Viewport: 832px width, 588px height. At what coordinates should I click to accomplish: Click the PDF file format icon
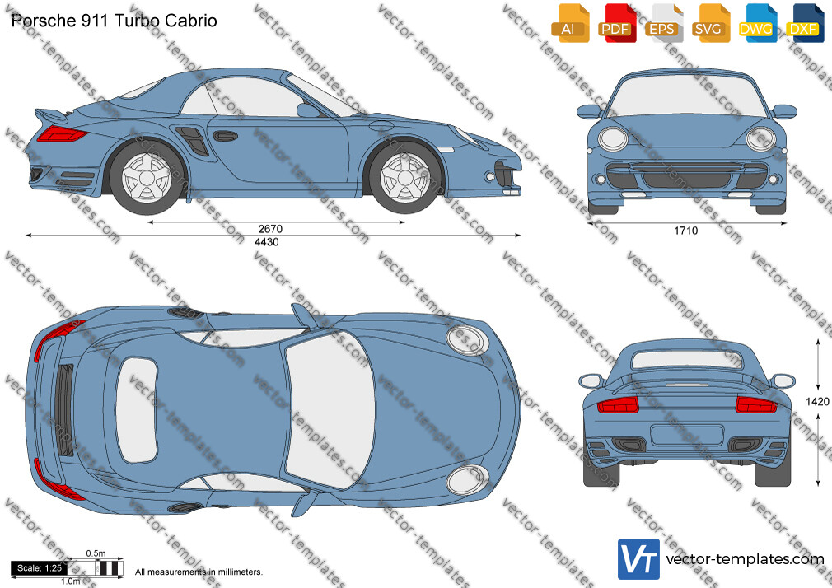[x=617, y=23]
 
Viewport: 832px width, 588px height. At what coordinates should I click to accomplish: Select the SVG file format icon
[x=710, y=23]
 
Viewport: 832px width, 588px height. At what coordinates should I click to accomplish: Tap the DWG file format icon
[x=757, y=23]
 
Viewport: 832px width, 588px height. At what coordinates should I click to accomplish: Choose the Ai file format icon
[x=570, y=23]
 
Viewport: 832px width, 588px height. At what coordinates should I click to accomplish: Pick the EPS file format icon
[x=664, y=23]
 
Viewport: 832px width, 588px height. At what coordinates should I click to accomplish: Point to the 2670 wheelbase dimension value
[x=270, y=229]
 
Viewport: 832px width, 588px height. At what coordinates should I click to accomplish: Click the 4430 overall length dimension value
[x=266, y=242]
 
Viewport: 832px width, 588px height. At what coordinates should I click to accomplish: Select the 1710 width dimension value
[x=685, y=231]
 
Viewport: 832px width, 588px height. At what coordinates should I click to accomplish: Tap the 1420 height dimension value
[x=817, y=402]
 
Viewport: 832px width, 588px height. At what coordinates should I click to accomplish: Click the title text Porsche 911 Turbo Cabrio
[x=114, y=21]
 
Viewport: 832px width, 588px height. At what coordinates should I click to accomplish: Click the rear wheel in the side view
[x=147, y=177]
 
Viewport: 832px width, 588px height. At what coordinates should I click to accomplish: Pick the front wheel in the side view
[x=404, y=177]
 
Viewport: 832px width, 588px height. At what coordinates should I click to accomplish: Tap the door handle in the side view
[x=225, y=136]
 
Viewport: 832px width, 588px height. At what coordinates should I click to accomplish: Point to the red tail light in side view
[x=62, y=134]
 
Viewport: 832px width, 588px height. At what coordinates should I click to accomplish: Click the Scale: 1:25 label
[x=40, y=568]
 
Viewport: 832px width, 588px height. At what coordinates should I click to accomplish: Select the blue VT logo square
[x=638, y=559]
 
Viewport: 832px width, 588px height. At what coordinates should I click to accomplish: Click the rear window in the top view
[x=137, y=409]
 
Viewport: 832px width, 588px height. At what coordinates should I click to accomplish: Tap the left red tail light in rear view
[x=618, y=405]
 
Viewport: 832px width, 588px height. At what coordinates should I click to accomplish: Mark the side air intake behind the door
[x=193, y=139]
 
